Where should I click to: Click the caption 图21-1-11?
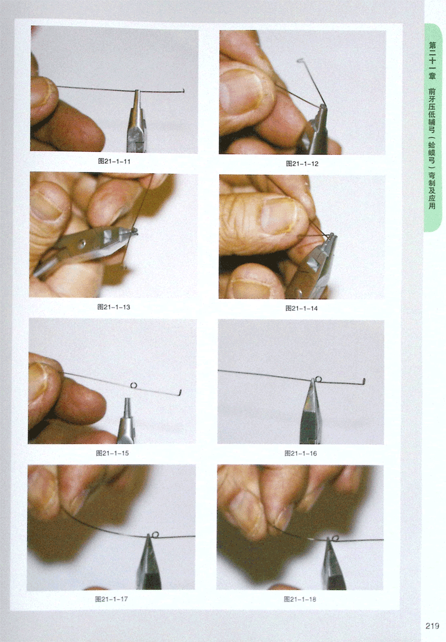coord(114,161)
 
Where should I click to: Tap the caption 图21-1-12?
coord(302,164)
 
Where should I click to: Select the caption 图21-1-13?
coord(114,307)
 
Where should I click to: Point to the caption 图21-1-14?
coord(301,308)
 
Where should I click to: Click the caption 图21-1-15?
coord(113,453)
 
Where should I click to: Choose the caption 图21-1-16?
coord(301,453)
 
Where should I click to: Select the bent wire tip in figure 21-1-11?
coord(183,91)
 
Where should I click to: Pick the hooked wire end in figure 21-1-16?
coord(364,381)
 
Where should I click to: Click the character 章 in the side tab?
coord(432,76)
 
